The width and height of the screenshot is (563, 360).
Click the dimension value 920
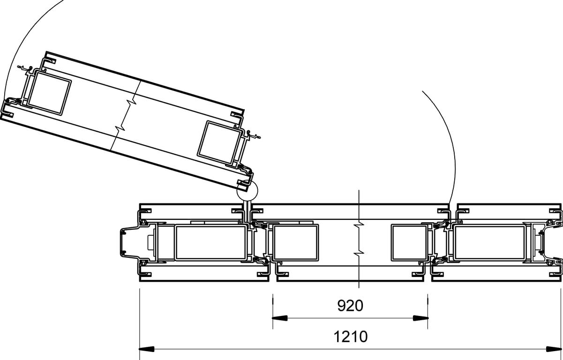tap(350, 306)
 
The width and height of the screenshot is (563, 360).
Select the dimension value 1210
tap(350, 337)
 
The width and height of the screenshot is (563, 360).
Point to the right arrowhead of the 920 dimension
tap(420, 318)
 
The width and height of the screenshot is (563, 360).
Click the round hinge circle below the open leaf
tap(247, 190)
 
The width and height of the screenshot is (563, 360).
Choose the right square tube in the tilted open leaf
tap(219, 142)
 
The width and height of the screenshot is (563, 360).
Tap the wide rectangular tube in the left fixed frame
tap(210, 242)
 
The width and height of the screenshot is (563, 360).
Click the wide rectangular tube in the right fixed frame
tap(489, 242)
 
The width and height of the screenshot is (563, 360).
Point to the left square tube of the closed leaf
tap(295, 242)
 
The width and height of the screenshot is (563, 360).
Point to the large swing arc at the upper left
tap(19, 37)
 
